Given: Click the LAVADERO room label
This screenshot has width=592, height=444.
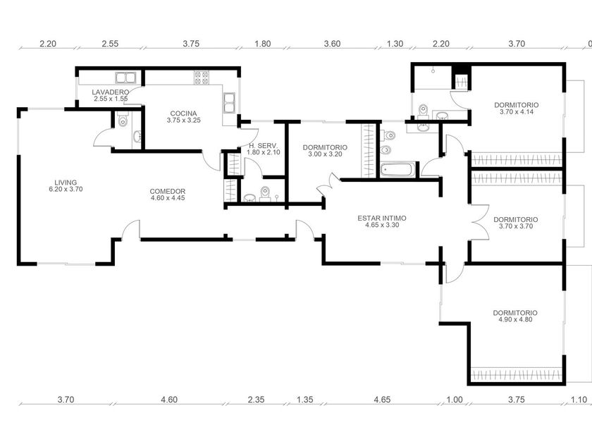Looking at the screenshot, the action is (110, 92).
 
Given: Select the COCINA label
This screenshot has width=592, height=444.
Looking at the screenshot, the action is (183, 113).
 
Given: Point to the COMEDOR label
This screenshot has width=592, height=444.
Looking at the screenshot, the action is (167, 191).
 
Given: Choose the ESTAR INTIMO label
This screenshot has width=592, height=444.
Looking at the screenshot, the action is (382, 218).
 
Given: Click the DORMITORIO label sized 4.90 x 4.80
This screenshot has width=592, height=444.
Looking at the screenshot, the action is (515, 312).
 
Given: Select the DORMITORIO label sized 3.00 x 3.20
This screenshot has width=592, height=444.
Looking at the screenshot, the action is (325, 147).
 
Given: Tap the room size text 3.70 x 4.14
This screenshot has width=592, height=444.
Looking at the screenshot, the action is (515, 111).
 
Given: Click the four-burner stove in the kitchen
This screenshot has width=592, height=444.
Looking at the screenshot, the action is (202, 77).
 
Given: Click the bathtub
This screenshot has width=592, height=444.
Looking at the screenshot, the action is (398, 170).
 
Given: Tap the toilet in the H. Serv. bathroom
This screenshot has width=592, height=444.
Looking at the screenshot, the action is (265, 192).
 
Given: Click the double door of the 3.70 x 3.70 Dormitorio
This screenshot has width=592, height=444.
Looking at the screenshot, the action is (479, 223).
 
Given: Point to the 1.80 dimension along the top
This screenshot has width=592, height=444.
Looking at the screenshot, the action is (262, 44).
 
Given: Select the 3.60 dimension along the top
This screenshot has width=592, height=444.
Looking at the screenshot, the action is (332, 44).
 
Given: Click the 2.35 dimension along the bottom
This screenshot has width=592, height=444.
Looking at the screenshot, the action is (256, 400).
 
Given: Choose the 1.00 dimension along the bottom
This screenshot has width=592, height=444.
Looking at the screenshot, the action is (455, 400).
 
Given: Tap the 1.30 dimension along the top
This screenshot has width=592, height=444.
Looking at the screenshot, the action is (395, 44).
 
